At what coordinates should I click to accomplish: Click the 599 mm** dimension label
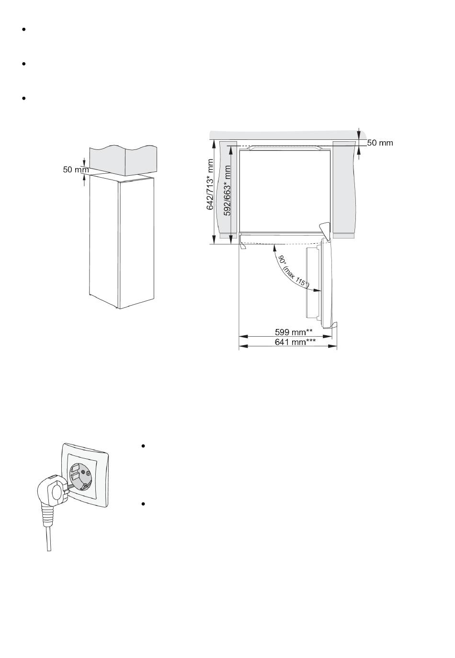click(x=294, y=332)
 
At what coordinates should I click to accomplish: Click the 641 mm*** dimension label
click(x=295, y=342)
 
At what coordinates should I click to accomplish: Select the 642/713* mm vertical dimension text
click(x=210, y=184)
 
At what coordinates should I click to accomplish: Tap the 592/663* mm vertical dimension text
click(x=227, y=190)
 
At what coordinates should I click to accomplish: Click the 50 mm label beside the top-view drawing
click(x=380, y=143)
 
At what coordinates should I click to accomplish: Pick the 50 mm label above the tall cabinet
click(x=76, y=170)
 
